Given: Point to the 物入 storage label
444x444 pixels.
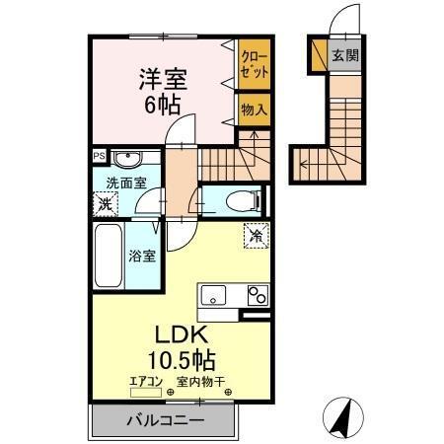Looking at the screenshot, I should point(254,110).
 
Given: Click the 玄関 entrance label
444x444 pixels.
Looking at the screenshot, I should point(344,55).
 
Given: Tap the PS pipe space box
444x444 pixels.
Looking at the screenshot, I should point(98,155).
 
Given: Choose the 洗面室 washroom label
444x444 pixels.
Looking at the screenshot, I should point(127,182).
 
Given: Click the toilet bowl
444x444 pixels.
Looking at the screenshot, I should point(241,201).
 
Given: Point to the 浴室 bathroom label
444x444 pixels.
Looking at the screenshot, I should point(141,257).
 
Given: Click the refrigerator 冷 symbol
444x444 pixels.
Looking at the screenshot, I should point(256,236).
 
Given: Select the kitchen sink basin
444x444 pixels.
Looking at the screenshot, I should point(215,295).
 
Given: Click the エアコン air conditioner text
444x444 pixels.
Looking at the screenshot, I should point(146,381).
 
